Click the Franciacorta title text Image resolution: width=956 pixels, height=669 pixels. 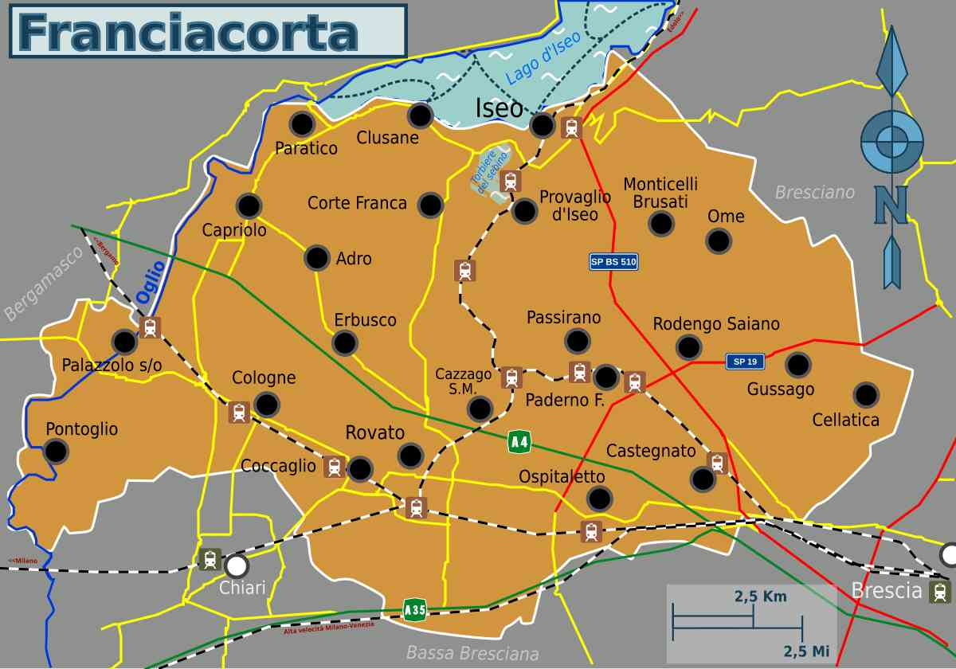pos(188,32)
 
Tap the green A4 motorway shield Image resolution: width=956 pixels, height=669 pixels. pos(519,441)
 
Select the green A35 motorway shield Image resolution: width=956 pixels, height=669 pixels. pos(415,610)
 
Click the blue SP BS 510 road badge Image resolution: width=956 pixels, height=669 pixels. pos(613,261)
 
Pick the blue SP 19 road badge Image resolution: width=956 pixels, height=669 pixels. pos(745,362)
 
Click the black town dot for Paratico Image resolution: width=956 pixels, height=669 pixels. pos(301,124)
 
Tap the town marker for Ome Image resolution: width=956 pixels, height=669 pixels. pos(719,241)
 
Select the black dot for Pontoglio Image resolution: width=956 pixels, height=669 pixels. pos(56,452)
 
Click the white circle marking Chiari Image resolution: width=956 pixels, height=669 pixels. pos(236,566)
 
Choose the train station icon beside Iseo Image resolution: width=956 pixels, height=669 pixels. pos(571,127)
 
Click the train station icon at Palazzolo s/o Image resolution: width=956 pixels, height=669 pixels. pos(150,327)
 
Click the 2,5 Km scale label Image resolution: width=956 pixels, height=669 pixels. pos(760,596)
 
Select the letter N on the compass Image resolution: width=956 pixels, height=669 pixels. pos(891,205)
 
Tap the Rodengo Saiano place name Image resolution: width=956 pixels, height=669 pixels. pos(715,324)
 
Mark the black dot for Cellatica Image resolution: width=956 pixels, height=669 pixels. pos(866,395)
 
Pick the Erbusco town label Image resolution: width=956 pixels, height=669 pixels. pos(365,320)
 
